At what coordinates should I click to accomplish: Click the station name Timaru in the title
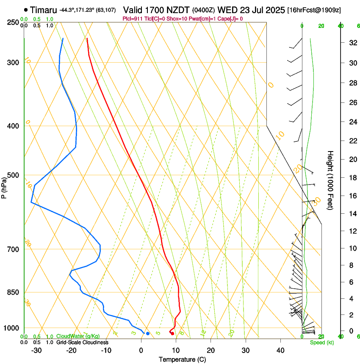(44, 10)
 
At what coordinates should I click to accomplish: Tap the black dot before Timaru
(26, 10)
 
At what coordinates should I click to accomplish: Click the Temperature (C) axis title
(183, 360)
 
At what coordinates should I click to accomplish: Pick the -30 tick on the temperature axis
(36, 350)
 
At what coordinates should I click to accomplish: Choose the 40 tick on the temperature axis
(280, 350)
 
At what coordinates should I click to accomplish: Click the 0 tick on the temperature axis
(141, 350)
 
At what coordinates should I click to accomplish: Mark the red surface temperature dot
(172, 334)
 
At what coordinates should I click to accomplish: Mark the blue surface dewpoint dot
(147, 334)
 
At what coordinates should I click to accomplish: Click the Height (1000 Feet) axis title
(330, 180)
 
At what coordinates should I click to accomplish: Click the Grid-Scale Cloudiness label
(82, 342)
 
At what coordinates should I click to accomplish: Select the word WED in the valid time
(227, 10)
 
